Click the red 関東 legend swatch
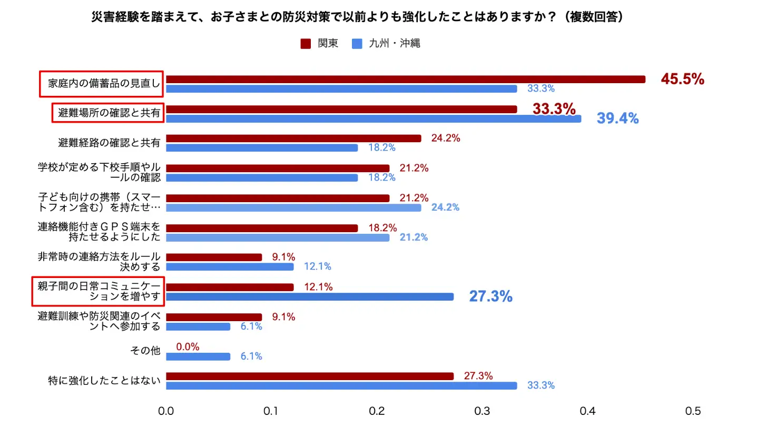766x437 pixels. click(306, 44)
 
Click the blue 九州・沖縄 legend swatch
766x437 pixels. click(357, 44)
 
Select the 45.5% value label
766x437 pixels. click(682, 79)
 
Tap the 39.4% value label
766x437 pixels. click(617, 118)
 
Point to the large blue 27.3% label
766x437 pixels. click(490, 296)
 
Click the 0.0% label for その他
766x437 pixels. click(188, 347)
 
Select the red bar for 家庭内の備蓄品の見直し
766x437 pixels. click(406, 80)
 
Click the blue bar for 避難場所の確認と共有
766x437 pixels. click(374, 119)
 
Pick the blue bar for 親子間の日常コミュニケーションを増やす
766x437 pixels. click(310, 297)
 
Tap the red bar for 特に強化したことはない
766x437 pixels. click(310, 376)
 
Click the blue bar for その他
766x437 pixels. click(198, 356)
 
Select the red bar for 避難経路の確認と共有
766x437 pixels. click(293, 138)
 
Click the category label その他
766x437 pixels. click(145, 351)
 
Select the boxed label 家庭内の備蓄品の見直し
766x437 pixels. click(101, 84)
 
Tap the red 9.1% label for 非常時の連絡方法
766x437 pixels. click(283, 257)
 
